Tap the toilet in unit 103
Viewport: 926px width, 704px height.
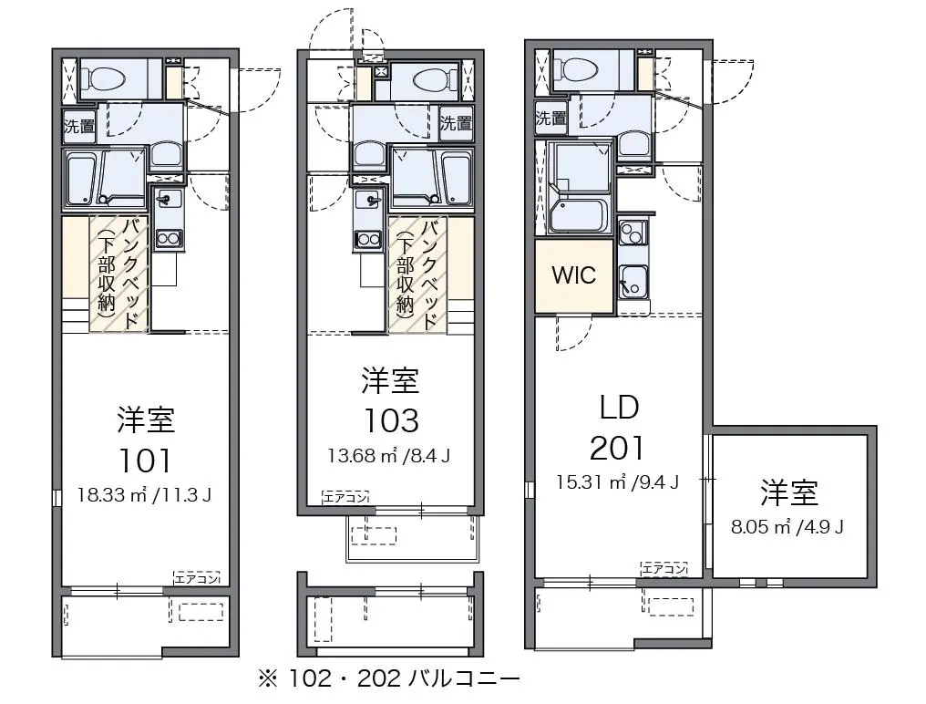point(436,80)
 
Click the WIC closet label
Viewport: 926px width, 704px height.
point(573,274)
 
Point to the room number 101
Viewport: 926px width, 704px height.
point(145,461)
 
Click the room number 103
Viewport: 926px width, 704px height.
point(391,421)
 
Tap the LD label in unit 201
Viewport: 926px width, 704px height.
point(619,408)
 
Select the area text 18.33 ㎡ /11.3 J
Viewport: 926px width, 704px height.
point(144,495)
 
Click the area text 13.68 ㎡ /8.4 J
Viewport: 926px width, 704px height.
point(389,456)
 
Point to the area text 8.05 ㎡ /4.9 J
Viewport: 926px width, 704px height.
point(787,527)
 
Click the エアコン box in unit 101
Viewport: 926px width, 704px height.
point(197,579)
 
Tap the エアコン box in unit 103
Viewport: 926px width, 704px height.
point(345,498)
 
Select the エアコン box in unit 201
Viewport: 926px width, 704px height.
point(664,569)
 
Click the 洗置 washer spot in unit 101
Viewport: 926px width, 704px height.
point(79,126)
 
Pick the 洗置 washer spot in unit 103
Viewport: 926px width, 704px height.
point(456,123)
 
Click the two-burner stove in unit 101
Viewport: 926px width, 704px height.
point(169,239)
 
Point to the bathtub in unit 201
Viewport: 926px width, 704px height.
point(576,216)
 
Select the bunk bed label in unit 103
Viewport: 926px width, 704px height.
point(418,274)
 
